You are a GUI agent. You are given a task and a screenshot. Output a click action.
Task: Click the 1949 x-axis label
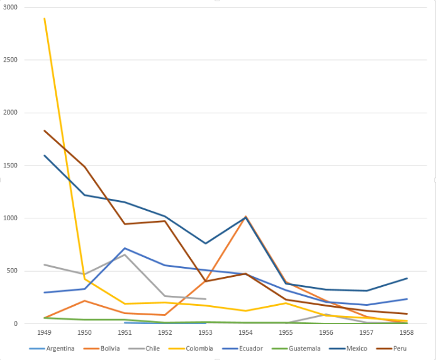pos(44,331)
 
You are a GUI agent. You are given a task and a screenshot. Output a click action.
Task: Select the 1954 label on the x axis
pos(245,331)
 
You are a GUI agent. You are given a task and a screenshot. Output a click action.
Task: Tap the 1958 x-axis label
pos(406,331)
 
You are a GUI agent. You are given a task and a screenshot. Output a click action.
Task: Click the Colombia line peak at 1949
pos(44,18)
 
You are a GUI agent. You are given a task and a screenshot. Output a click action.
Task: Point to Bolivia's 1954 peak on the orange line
pos(245,217)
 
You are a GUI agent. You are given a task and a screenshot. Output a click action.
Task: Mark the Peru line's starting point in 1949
pos(44,130)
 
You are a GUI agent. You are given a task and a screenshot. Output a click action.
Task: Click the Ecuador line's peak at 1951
pos(125,249)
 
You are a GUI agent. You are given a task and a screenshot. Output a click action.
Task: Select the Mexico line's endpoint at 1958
pos(406,278)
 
